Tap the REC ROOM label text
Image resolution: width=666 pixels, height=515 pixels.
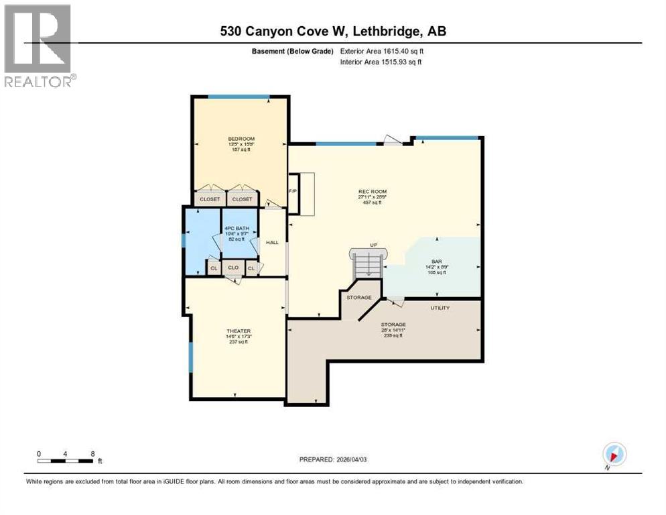tap(373, 192)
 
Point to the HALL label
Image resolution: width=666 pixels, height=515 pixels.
tap(272, 243)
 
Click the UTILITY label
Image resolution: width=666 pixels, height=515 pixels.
tap(440, 308)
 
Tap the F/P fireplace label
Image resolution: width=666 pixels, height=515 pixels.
tap(292, 191)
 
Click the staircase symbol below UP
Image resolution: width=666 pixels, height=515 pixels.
tap(368, 266)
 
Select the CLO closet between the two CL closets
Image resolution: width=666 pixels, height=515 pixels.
tap(233, 268)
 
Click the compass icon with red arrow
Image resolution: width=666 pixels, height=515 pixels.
tap(614, 454)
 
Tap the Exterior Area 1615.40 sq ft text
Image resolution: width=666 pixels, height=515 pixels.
tap(382, 51)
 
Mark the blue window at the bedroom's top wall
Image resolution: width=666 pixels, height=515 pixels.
tap(239, 97)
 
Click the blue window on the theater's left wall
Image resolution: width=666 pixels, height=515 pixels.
tap(190, 357)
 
